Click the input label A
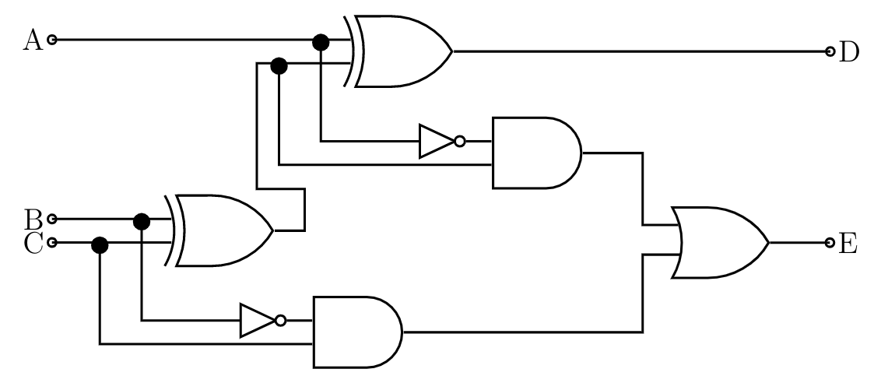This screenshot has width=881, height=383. (x=32, y=39)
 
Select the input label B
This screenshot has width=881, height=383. (x=32, y=219)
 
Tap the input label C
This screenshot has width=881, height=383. (x=32, y=243)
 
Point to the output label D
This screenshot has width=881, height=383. (x=849, y=52)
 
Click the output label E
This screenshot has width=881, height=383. (x=848, y=243)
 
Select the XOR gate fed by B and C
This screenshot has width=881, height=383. (x=222, y=230)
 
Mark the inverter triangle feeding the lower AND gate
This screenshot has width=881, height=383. (x=256, y=320)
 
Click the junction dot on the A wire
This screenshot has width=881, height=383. (x=321, y=40)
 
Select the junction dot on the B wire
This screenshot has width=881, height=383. (x=141, y=221)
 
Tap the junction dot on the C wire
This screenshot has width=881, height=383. (x=100, y=245)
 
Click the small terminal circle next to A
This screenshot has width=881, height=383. (x=52, y=40)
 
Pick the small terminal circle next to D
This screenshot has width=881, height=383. (x=830, y=52)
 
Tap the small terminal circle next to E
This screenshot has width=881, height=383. (x=830, y=243)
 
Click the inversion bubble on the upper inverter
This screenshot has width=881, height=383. (x=460, y=142)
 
